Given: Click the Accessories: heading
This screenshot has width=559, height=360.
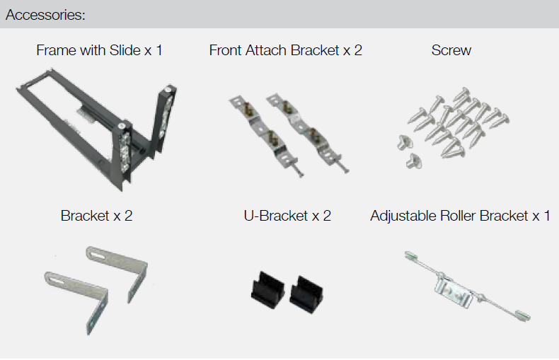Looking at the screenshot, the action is pyautogui.click(x=45, y=15).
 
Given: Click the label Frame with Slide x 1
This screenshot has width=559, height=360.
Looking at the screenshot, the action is pyautogui.click(x=99, y=50).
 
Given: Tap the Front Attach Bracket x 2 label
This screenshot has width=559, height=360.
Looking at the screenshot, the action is pyautogui.click(x=286, y=50).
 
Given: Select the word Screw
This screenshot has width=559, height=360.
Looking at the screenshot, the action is pyautogui.click(x=451, y=50).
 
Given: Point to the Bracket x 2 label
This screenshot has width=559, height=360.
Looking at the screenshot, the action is pyautogui.click(x=96, y=216).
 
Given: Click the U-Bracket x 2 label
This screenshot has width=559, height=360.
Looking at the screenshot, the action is pyautogui.click(x=287, y=216).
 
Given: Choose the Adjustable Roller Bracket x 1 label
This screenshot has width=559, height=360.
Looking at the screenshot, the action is pyautogui.click(x=460, y=216).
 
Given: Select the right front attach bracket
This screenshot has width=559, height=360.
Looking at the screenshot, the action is pyautogui.click(x=306, y=132).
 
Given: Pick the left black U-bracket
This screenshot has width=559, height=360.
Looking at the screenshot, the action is pyautogui.click(x=267, y=289).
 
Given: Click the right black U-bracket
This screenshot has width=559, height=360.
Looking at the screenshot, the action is pyautogui.click(x=306, y=294).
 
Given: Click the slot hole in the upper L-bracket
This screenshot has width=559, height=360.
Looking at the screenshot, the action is pyautogui.click(x=98, y=255).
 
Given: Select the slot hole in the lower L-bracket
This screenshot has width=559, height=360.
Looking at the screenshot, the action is pyautogui.click(x=56, y=280).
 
